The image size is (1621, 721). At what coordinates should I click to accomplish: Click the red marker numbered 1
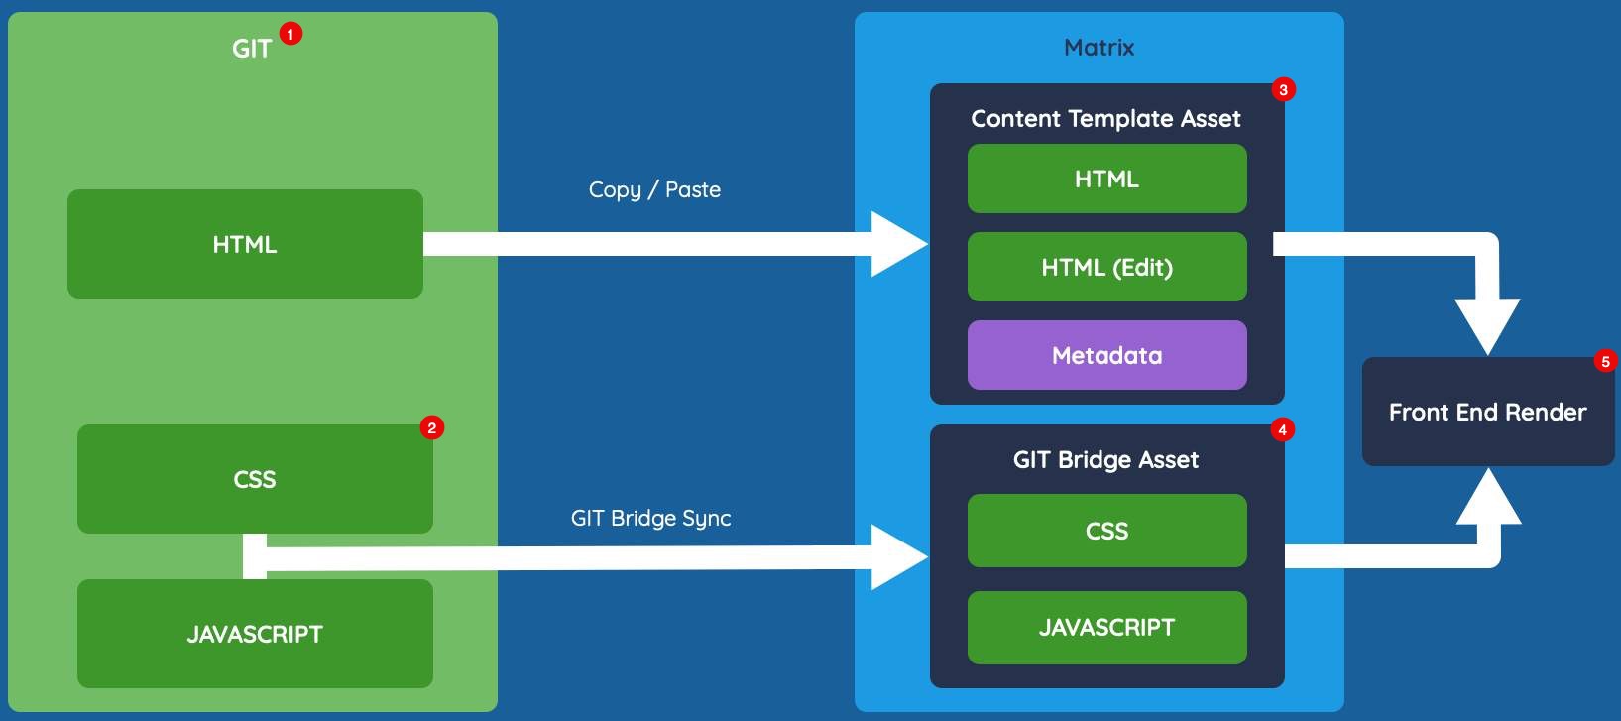pyautogui.click(x=289, y=34)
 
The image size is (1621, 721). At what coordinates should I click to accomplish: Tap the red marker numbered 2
pyautogui.click(x=431, y=427)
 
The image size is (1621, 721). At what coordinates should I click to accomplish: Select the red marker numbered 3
pyautogui.click(x=1283, y=89)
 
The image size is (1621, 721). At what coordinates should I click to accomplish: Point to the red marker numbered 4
pyautogui.click(x=1282, y=429)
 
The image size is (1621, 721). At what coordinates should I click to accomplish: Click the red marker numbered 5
pyautogui.click(x=1605, y=361)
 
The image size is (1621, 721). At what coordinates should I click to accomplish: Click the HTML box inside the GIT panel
pyautogui.click(x=245, y=244)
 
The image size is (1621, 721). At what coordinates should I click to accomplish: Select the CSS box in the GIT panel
pyautogui.click(x=255, y=479)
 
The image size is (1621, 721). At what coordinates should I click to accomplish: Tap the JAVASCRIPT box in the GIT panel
pyautogui.click(x=255, y=634)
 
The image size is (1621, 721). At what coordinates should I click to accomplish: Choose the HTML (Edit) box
pyautogui.click(x=1106, y=267)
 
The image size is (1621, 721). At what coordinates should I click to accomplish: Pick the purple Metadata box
pyautogui.click(x=1106, y=355)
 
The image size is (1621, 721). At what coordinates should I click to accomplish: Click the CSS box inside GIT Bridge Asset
pyautogui.click(x=1106, y=531)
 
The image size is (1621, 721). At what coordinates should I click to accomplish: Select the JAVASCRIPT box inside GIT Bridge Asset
pyautogui.click(x=1106, y=627)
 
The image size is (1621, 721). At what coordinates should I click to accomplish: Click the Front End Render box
pyautogui.click(x=1487, y=412)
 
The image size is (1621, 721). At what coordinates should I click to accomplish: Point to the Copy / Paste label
pyautogui.click(x=654, y=189)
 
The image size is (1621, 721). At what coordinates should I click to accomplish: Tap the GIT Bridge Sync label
pyautogui.click(x=650, y=518)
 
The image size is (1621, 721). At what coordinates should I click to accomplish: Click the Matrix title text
pyautogui.click(x=1099, y=47)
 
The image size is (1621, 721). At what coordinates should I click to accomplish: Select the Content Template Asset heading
pyautogui.click(x=1105, y=119)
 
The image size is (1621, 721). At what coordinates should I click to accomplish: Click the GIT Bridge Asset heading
pyautogui.click(x=1105, y=459)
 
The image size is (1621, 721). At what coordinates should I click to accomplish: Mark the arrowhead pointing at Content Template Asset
pyautogui.click(x=897, y=244)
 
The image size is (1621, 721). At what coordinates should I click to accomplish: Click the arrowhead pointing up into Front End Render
pyautogui.click(x=1488, y=498)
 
